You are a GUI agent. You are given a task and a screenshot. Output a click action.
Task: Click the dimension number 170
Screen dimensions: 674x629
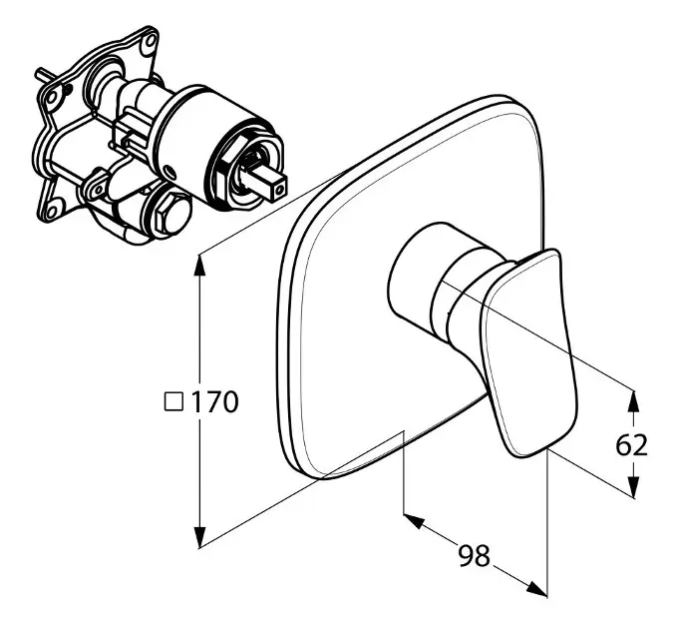[x=213, y=402]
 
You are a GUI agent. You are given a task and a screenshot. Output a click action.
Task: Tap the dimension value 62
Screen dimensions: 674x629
[x=631, y=445]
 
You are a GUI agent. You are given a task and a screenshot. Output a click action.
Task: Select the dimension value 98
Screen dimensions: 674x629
[x=474, y=555]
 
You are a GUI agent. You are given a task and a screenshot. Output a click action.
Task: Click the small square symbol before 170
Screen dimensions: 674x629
[x=174, y=402]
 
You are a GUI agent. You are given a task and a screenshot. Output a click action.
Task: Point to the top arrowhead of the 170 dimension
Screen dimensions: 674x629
[x=199, y=266]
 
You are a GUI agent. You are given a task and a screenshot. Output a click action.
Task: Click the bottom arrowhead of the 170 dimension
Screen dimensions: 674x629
[x=199, y=537]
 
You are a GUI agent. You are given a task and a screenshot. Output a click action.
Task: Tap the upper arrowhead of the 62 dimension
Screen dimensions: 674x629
[x=633, y=400]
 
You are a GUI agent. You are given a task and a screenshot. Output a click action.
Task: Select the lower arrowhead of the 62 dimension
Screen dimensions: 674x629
[x=633, y=486]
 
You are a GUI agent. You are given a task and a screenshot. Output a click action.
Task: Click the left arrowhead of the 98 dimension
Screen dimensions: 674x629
[x=414, y=520]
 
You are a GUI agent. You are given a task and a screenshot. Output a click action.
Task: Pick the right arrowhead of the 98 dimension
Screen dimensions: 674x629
[x=536, y=589]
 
